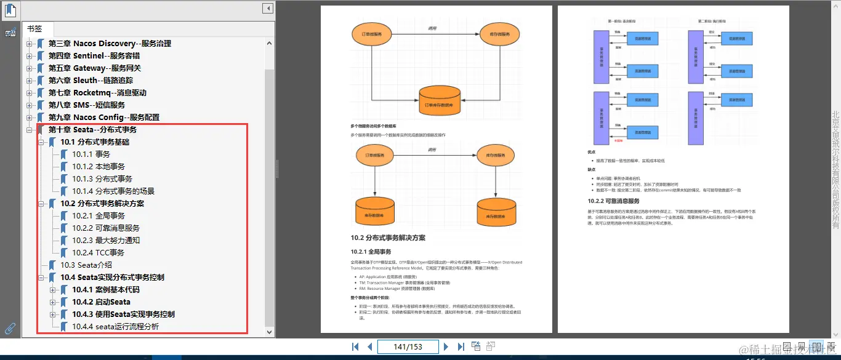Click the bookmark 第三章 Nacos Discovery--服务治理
point(110,44)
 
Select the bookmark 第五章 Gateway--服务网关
point(94,68)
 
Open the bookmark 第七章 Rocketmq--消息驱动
point(97,93)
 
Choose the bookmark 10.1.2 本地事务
point(98,167)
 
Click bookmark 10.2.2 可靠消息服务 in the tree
point(105,228)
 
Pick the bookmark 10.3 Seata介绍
point(86,265)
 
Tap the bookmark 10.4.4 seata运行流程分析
point(115,327)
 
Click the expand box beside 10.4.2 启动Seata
point(53,302)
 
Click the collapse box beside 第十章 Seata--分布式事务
point(29,130)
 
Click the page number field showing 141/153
point(408,346)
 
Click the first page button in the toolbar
point(355,346)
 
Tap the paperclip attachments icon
point(10,328)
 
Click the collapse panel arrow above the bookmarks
point(267,9)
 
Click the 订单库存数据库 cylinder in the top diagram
point(440,103)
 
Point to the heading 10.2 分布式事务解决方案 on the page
point(388,238)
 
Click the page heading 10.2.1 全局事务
point(371,252)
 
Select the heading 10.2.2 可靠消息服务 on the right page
point(613,201)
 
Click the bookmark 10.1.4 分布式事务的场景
point(113,191)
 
